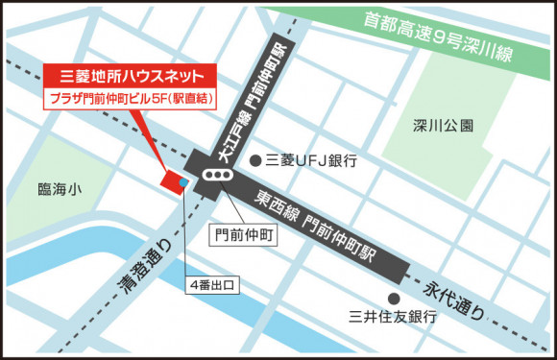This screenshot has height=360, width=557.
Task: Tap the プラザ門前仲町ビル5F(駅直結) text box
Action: pyautogui.click(x=131, y=98)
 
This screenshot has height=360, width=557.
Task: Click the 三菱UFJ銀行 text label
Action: pyautogui.click(x=310, y=160)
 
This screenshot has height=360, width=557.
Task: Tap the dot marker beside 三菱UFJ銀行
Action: pyautogui.click(x=255, y=160)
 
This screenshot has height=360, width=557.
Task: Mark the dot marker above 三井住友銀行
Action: pyautogui.click(x=393, y=298)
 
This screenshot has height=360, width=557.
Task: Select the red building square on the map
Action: pyautogui.click(x=174, y=180)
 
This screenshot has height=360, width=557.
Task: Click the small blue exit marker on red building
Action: pyautogui.click(x=183, y=178)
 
